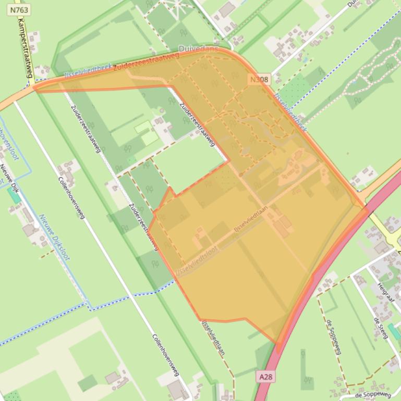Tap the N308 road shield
[259, 80]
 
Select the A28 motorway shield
[265, 375]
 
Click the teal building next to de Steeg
[395, 331]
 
